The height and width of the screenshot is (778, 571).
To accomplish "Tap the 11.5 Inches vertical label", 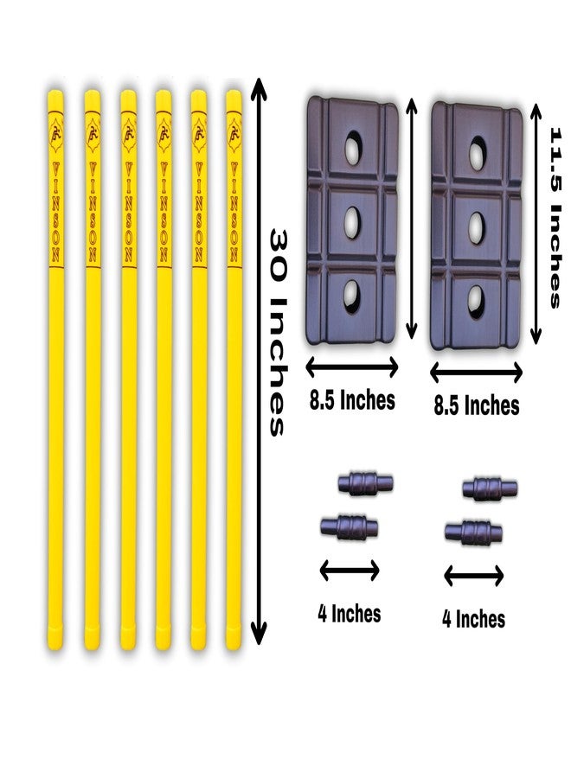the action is click(x=555, y=219).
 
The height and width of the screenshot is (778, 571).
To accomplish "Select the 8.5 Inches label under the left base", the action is click(x=352, y=400).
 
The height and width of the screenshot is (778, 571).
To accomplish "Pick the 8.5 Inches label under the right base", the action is click(x=476, y=405).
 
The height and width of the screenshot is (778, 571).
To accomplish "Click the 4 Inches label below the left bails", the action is click(x=349, y=614).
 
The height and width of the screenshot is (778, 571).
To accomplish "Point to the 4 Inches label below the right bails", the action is click(x=474, y=619).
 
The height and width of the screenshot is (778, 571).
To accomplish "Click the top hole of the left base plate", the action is click(x=353, y=147).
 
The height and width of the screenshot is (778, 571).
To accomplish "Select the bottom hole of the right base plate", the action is click(x=475, y=300).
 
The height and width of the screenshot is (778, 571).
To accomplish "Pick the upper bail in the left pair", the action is click(x=365, y=482).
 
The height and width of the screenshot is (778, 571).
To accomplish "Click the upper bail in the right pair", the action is click(x=490, y=488).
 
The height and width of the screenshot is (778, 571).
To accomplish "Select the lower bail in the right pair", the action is click(x=473, y=532).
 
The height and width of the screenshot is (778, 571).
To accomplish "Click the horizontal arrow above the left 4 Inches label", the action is click(x=350, y=571).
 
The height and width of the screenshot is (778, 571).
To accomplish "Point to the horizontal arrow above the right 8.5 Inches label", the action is click(x=476, y=372).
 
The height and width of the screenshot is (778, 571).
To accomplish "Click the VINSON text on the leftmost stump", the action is click(x=55, y=212).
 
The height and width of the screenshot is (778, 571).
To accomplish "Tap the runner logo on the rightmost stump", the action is click(x=234, y=133).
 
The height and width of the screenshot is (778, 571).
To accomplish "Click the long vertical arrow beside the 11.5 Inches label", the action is click(x=536, y=225).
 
